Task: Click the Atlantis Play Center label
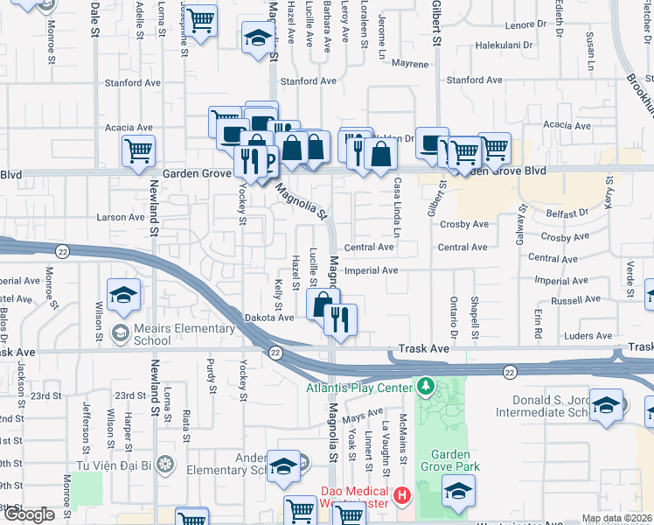[358, 388]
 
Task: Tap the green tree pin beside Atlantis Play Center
[425, 385]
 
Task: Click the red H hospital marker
[401, 496]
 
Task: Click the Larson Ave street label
[121, 217]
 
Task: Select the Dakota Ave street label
[268, 318]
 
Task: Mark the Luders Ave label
[588, 336]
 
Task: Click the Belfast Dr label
[569, 213]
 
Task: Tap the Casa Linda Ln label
[397, 207]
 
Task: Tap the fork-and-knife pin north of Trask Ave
[341, 319]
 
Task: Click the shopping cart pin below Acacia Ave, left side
[139, 151]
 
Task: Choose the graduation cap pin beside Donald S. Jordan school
[606, 407]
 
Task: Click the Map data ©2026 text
[617, 518]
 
